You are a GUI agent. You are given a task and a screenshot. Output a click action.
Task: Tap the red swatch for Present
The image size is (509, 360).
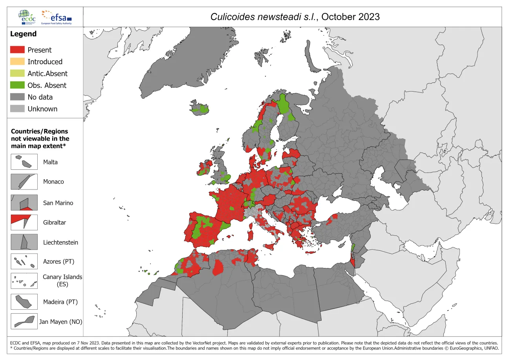17,50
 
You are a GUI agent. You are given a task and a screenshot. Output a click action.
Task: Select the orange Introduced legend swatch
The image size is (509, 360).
17,62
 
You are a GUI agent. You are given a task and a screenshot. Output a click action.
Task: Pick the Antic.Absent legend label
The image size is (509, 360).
47,73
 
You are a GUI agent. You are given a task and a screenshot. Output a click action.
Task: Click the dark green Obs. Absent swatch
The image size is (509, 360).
17,85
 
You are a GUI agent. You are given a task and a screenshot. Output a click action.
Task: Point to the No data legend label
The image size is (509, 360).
40,97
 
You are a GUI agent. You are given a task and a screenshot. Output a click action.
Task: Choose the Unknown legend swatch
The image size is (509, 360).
17,109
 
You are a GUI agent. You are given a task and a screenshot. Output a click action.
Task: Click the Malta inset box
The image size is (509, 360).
24,162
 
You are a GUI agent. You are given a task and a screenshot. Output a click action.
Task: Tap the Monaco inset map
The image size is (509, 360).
24,182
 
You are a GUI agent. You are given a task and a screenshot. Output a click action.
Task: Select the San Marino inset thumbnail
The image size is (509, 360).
24,203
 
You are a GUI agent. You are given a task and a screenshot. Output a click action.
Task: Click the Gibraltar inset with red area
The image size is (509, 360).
24,222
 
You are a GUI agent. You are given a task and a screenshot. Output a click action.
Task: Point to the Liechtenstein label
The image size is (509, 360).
60,242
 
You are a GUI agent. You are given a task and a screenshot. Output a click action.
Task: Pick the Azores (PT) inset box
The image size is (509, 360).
24,261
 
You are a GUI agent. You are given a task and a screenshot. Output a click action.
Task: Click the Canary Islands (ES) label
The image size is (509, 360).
62,280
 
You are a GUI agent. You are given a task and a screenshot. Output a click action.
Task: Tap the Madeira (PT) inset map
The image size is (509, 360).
24,302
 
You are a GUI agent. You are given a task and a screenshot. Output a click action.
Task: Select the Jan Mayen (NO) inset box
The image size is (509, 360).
24,321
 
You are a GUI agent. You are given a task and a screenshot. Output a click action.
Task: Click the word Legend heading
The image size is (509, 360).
23,34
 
